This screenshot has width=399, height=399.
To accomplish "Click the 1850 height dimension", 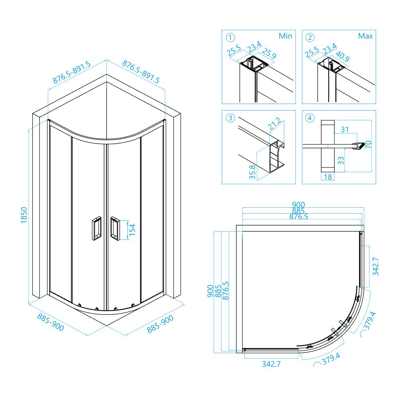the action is coord(24,215).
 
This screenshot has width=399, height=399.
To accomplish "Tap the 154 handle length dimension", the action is coord(132,230).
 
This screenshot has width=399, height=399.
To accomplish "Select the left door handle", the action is coord(96,228).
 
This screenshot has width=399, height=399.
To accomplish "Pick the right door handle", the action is coord(115,228).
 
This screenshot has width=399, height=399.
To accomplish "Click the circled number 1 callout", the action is coord(230,38).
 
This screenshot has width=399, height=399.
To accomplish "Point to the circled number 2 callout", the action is coord(310,38).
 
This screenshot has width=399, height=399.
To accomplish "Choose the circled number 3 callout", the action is coord(230,118).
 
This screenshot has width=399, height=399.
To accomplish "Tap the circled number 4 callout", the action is coord(310,118).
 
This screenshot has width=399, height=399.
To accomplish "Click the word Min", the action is coord(285,36).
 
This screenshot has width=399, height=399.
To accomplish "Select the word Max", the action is coord(366,36).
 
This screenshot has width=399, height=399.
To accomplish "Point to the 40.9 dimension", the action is coord(342,57).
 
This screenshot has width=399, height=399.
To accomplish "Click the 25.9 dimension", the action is coord(269,53).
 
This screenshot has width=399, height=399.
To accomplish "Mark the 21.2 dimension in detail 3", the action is coord(275,124).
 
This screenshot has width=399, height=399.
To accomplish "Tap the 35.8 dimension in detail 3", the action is coord(252,172).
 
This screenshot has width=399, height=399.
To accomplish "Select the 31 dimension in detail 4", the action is coord(344,130).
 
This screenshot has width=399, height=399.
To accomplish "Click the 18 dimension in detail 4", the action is coord(328,177).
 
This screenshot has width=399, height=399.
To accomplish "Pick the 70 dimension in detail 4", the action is coord(368,144).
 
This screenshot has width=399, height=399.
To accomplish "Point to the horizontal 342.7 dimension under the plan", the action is coord(271,364).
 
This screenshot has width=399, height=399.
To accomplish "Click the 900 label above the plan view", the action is coord(298,204).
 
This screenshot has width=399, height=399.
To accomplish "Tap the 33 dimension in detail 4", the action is coord(340,161).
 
